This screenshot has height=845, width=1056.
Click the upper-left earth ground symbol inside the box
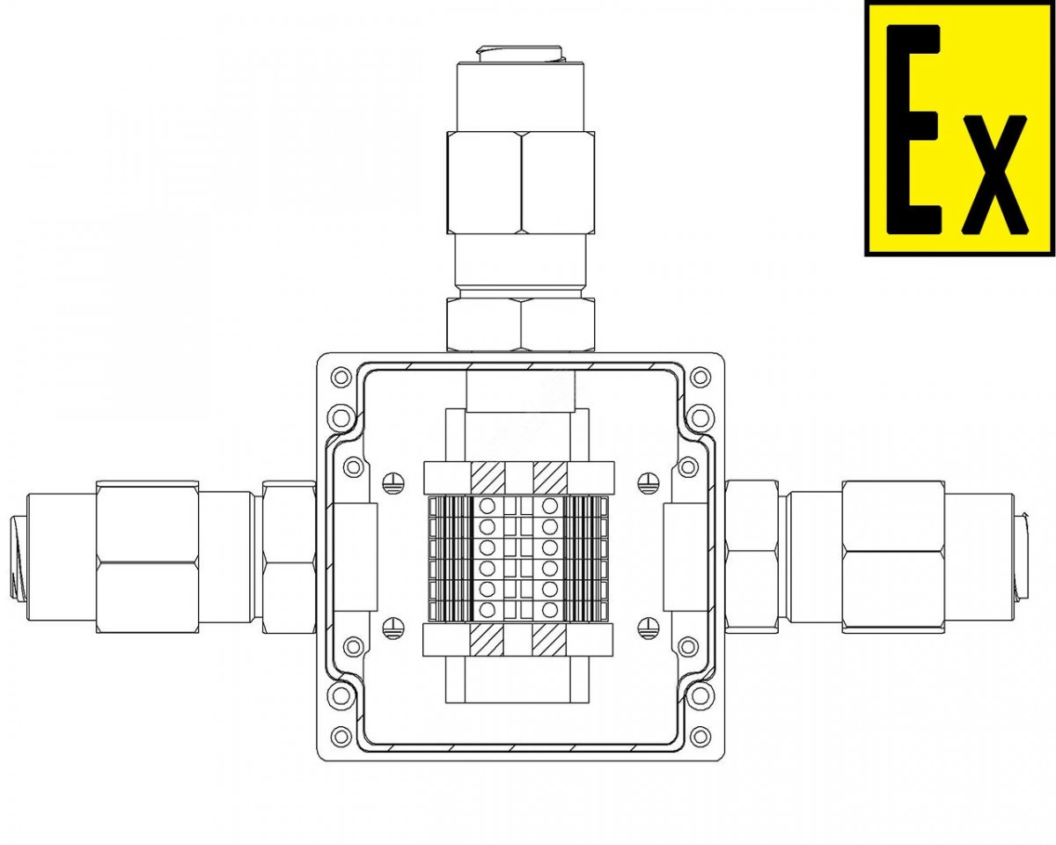pos(393,483)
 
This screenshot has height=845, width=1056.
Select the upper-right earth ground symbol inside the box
pos(649,483)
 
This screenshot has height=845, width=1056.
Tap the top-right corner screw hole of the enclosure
pos(700,378)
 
